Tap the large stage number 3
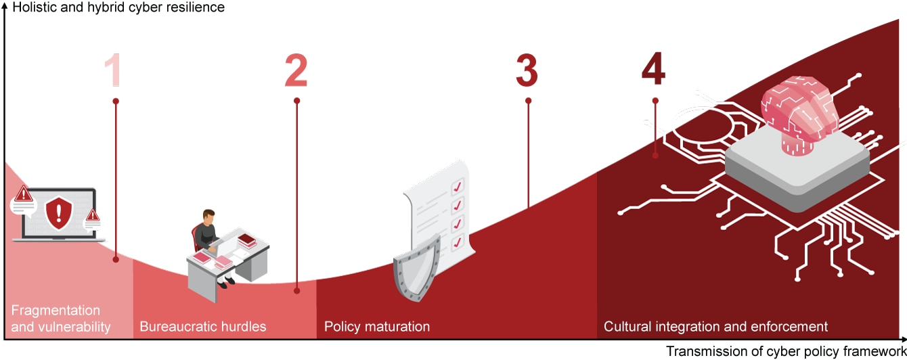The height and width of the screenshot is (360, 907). [527, 70]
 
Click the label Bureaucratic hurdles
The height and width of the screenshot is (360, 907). [203, 327]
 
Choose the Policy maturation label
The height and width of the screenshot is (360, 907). [377, 327]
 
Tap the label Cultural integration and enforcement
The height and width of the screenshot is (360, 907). [715, 327]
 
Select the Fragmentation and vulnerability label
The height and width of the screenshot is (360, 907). [61, 319]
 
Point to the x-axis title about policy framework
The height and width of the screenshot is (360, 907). [785, 351]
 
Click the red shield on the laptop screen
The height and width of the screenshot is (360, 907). [58, 212]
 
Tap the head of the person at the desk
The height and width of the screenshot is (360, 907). [209, 217]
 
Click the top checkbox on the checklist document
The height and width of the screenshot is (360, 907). [457, 186]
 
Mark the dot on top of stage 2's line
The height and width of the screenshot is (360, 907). [296, 101]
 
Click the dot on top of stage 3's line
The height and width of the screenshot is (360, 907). [528, 101]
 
